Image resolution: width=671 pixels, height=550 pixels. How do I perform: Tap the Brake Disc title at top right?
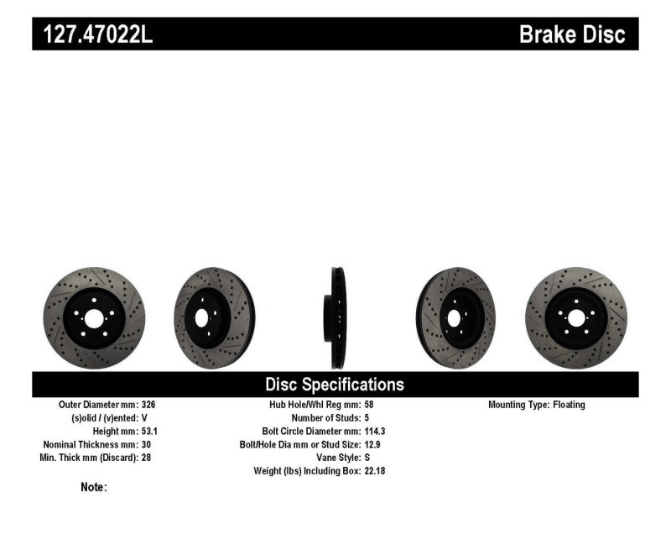click(x=571, y=35)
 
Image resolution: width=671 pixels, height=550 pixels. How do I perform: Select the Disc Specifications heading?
click(x=335, y=385)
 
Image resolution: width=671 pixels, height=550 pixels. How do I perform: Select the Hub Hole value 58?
click(x=370, y=405)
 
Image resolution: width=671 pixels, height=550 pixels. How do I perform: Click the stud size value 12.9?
click(x=373, y=444)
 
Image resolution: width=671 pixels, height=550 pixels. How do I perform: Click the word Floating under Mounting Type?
click(x=569, y=405)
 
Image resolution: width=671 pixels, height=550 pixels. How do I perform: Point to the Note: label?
click(x=93, y=487)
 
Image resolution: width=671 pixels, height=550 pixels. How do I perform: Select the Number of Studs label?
click(x=326, y=417)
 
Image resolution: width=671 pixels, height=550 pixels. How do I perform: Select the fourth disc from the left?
click(x=455, y=317)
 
